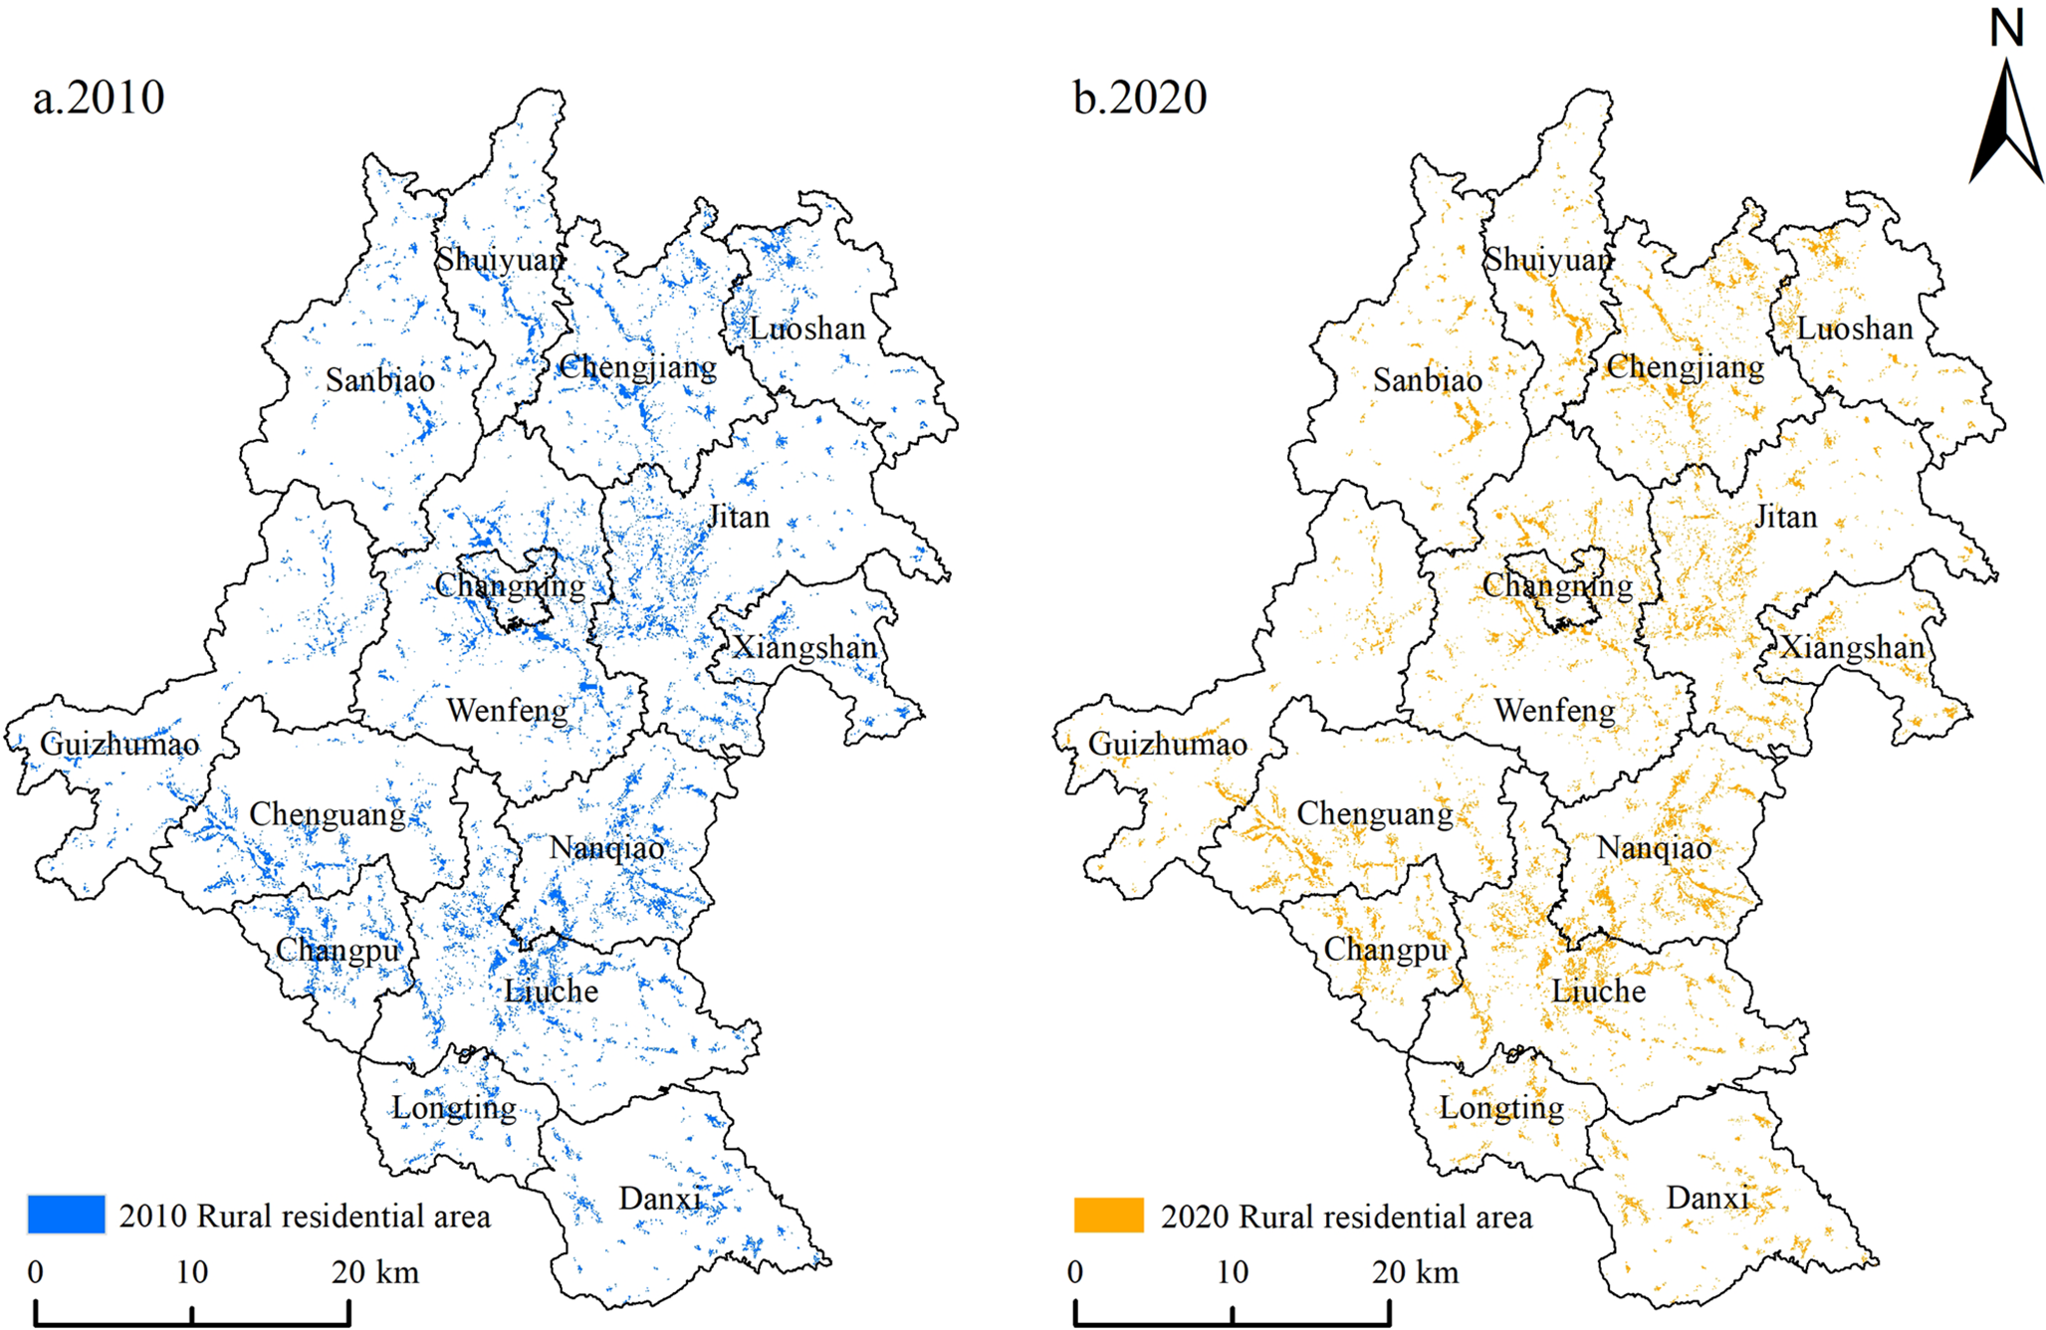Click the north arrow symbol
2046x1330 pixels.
(x=2005, y=124)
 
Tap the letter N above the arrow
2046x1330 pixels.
(x=2006, y=28)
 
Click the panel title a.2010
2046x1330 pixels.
(x=99, y=98)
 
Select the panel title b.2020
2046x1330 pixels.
(x=1140, y=98)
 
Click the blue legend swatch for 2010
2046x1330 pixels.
(x=66, y=1215)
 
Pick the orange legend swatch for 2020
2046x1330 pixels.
(x=1108, y=1216)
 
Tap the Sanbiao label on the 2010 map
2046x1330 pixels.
(x=380, y=380)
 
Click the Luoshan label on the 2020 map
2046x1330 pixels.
(x=1855, y=329)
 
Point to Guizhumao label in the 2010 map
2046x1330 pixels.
(x=119, y=744)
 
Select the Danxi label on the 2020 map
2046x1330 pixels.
(x=1707, y=1198)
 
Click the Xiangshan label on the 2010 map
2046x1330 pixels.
(x=804, y=648)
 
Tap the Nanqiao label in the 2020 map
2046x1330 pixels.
(x=1654, y=848)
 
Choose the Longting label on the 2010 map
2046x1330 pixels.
(x=454, y=1108)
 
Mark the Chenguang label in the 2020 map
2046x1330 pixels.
(x=1375, y=814)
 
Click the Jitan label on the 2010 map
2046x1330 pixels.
(x=738, y=517)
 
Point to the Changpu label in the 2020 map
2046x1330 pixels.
(x=1385, y=951)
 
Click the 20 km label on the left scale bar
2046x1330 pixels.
(x=375, y=1272)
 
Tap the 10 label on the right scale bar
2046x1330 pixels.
(x=1232, y=1272)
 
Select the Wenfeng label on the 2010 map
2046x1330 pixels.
(x=507, y=711)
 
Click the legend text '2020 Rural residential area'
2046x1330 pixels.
(x=1346, y=1217)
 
